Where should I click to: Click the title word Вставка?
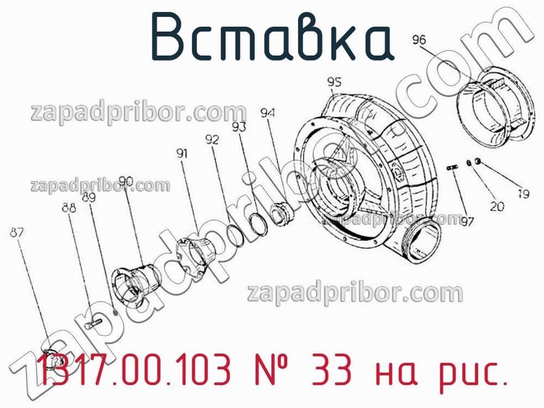point(273,38)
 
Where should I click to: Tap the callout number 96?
point(419,40)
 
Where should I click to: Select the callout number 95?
point(334,82)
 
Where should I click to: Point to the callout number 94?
point(268,113)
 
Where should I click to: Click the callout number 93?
point(239,127)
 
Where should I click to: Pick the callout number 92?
point(212,140)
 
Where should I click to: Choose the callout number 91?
point(182,153)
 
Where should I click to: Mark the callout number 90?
point(126,181)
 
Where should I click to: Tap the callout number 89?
point(89,197)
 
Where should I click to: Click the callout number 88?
point(69,207)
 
